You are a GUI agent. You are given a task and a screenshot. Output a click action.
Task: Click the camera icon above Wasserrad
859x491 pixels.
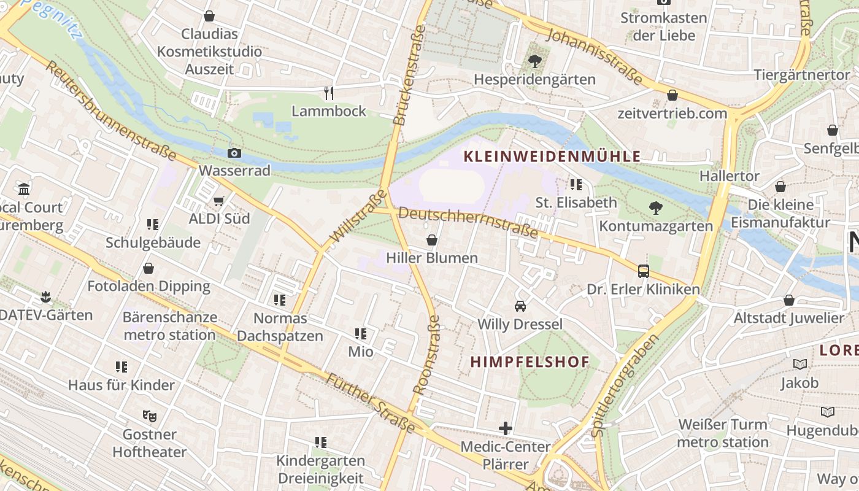[234, 153]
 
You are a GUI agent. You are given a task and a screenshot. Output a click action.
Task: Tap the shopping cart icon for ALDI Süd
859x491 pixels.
[219, 201]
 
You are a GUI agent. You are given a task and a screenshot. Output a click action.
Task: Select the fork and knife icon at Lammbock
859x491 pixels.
[329, 93]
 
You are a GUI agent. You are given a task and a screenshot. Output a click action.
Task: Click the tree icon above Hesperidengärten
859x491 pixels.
[534, 61]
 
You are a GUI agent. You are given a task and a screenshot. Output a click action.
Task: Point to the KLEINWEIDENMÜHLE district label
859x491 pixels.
[552, 157]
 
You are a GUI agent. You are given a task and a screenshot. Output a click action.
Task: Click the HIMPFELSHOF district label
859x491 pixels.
[530, 362]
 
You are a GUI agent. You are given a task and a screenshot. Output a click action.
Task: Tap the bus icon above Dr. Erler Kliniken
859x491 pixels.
[643, 271]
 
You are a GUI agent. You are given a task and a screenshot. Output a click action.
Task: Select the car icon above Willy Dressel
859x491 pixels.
[520, 306]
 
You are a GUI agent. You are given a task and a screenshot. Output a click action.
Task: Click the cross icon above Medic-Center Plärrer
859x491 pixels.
[506, 428]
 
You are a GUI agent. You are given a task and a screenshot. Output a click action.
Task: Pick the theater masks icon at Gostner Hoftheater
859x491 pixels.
[150, 416]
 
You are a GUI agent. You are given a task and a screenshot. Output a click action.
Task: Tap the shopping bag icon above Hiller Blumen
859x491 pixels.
[432, 239]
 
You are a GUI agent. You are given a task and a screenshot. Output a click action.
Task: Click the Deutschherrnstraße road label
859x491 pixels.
[468, 223]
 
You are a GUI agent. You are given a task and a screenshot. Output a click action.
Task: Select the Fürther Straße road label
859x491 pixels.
[370, 403]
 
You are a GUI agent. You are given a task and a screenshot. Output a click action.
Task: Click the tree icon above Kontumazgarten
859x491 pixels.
[656, 208]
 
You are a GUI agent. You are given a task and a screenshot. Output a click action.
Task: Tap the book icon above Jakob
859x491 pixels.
[799, 365]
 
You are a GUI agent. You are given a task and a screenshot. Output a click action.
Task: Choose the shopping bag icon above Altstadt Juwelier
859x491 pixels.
[789, 300]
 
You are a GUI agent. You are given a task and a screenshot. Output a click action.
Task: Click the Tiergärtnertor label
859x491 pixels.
[801, 75]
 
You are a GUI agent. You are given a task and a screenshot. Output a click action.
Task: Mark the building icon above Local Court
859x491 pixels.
[25, 189]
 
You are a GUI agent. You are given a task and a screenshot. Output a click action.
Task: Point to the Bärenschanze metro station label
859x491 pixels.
[169, 326]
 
